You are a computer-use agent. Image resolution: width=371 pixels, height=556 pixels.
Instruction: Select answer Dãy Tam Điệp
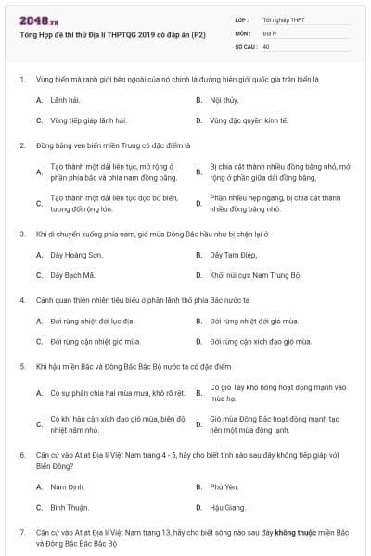pyautogui.click(x=232, y=254)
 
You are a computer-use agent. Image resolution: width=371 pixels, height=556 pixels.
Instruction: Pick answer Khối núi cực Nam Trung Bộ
pyautogui.click(x=255, y=275)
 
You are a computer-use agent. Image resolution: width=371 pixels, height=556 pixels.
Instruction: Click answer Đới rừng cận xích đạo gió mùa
pyautogui.click(x=255, y=341)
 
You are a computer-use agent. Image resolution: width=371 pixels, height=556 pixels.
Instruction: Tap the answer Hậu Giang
pyautogui.click(x=228, y=507)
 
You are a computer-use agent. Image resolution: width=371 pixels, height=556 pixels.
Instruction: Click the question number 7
pyautogui.click(x=21, y=533)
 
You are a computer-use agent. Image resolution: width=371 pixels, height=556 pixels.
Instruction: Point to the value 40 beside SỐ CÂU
pyautogui.click(x=266, y=45)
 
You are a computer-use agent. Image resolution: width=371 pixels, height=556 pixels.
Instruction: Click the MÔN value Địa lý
pyautogui.click(x=270, y=32)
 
